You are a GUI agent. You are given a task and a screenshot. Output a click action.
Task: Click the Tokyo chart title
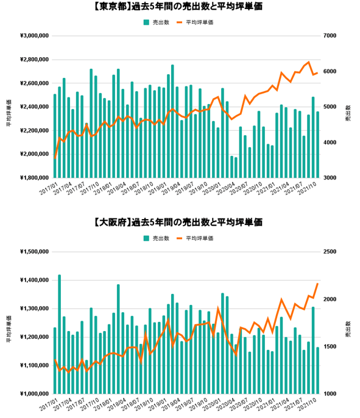click(x=179, y=8)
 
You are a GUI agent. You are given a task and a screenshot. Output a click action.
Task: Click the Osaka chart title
click(x=179, y=223)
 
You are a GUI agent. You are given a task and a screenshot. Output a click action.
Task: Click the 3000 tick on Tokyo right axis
click(x=329, y=178)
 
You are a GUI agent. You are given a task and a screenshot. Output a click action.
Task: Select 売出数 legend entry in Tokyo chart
click(x=156, y=22)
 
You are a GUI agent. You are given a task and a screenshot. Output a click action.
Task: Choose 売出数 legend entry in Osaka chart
click(x=156, y=237)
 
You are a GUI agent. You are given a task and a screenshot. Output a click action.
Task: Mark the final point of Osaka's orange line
click(x=317, y=284)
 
